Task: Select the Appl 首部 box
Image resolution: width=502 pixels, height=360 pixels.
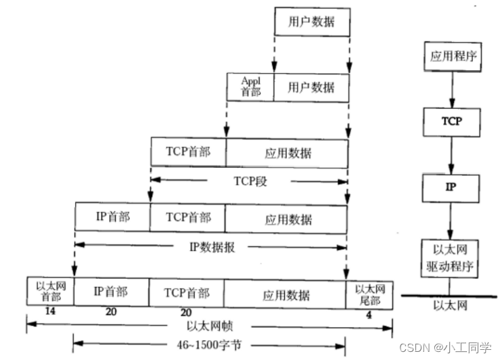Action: [x=250, y=87]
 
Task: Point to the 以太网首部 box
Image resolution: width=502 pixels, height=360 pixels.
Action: [x=50, y=293]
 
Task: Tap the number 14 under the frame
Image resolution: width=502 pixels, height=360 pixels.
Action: [x=49, y=312]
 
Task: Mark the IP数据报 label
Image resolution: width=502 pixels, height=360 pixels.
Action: [x=211, y=246]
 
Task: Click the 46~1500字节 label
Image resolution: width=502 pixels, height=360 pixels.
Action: [x=210, y=344]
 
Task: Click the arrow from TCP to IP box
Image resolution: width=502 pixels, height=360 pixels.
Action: [x=451, y=154]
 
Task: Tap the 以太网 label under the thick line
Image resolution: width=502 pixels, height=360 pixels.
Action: [x=450, y=306]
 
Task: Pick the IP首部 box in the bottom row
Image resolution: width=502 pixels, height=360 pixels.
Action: [x=111, y=293]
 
